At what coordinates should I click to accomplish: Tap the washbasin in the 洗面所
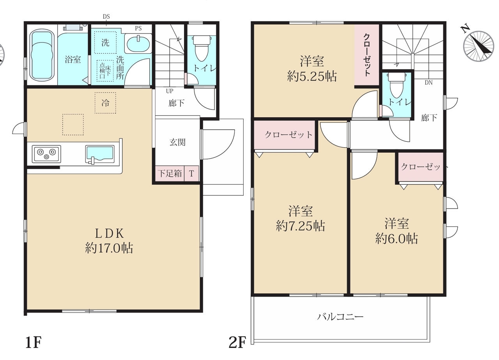[x=138, y=44]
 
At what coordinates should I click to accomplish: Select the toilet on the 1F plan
[x=202, y=48]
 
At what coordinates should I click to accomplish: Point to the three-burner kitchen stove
[x=46, y=154]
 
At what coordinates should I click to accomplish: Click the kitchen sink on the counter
[x=100, y=155]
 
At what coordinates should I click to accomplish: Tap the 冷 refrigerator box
[x=105, y=103]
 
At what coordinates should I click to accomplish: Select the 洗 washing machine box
[x=105, y=42]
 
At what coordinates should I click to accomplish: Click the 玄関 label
[x=177, y=142]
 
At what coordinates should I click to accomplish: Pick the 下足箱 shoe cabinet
[x=170, y=173]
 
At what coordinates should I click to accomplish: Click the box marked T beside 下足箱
[x=191, y=173]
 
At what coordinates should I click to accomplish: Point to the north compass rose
[x=478, y=46]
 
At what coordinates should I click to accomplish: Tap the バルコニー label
[x=340, y=317]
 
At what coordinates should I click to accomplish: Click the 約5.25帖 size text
[x=312, y=77]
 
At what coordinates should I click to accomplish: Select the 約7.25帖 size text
[x=300, y=226]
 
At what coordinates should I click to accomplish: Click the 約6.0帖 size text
[x=396, y=239]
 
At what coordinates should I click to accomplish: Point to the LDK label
[x=110, y=233]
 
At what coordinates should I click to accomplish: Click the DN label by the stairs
[x=428, y=83]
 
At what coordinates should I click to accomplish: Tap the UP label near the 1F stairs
[x=170, y=91]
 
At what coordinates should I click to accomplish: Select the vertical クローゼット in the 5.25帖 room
[x=367, y=55]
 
